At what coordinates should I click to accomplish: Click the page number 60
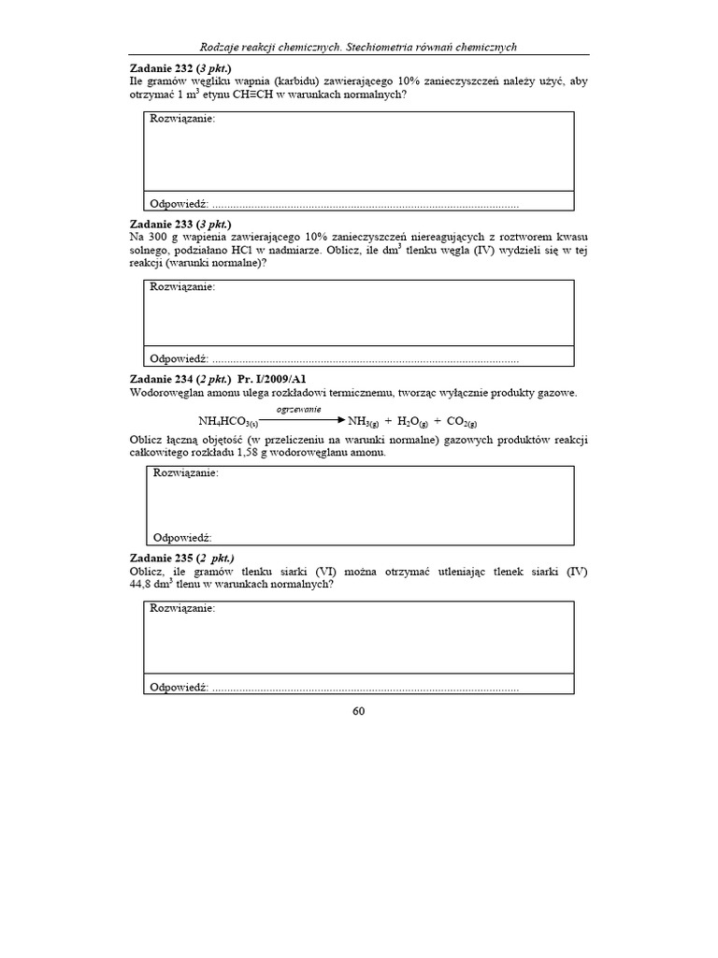click(x=358, y=710)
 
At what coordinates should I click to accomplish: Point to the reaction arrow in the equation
click(x=300, y=420)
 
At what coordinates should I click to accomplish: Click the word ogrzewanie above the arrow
click(x=298, y=410)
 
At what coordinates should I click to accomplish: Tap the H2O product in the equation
click(x=409, y=422)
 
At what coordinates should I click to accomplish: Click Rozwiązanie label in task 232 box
click(x=182, y=120)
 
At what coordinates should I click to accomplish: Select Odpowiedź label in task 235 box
click(x=178, y=687)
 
